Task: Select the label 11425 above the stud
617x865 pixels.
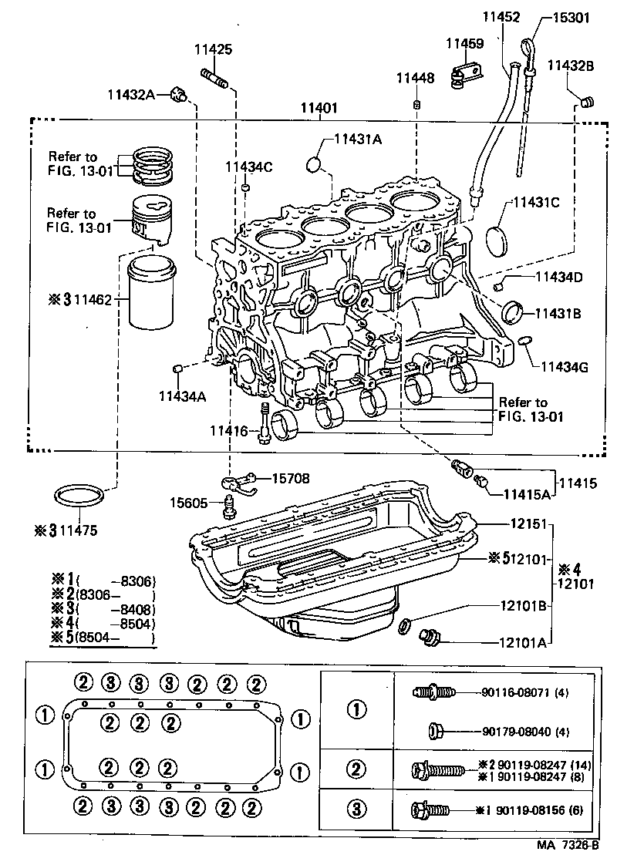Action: [x=212, y=50]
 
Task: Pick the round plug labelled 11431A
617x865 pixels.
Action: [x=314, y=164]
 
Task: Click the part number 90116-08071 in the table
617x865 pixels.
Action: [x=518, y=692]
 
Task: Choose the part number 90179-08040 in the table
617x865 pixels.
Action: [x=518, y=730]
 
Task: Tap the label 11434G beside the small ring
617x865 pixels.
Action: [x=564, y=367]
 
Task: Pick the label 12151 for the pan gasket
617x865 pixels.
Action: [x=528, y=523]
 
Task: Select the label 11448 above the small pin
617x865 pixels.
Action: [x=416, y=78]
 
